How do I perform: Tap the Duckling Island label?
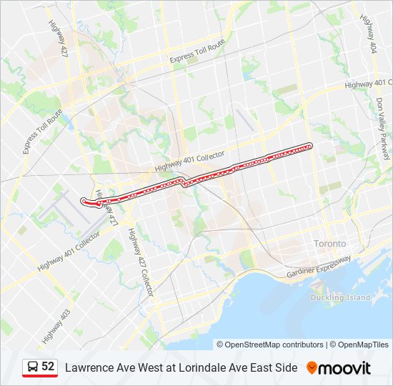[x=340, y=297]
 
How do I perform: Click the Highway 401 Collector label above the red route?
[x=190, y=162]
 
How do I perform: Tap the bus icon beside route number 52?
[x=33, y=367]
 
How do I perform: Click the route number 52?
[x=48, y=367]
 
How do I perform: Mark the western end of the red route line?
[x=84, y=201]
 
